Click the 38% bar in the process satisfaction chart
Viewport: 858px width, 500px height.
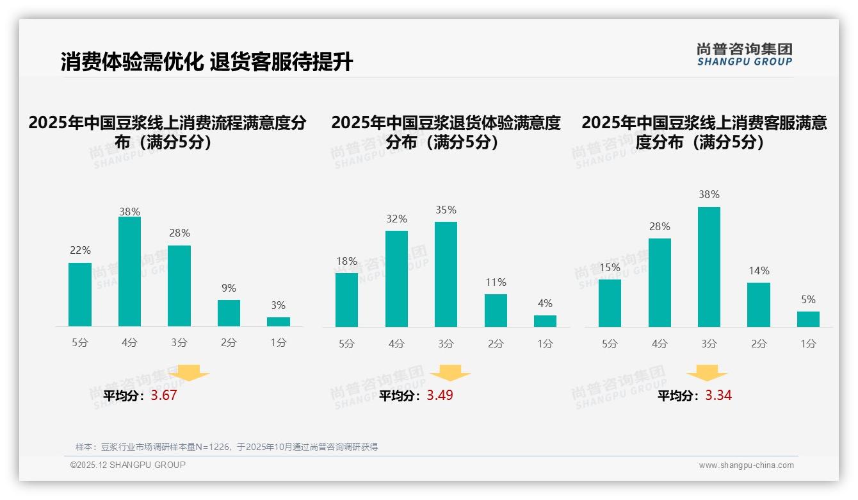click(x=129, y=272)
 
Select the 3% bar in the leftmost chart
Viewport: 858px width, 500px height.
click(x=279, y=322)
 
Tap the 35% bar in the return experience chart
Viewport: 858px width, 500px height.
click(x=446, y=274)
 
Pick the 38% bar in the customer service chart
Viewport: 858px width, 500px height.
click(x=709, y=267)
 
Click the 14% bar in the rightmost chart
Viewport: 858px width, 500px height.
click(x=759, y=304)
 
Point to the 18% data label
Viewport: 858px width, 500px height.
click(x=346, y=261)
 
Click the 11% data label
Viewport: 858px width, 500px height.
click(x=496, y=282)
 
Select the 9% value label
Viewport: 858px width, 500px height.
click(x=229, y=288)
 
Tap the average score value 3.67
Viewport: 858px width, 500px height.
click(x=164, y=396)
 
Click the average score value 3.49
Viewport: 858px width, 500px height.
click(x=440, y=396)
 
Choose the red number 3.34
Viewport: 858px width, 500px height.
click(x=718, y=396)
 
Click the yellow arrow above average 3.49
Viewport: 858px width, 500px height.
click(x=450, y=372)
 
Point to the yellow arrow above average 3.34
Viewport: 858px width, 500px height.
click(x=707, y=372)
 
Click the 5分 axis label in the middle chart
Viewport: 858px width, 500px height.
click(x=346, y=344)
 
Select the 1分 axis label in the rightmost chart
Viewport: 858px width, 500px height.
click(x=808, y=344)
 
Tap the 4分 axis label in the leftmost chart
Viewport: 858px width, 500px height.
click(x=129, y=343)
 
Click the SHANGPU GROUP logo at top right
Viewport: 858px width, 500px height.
click(x=744, y=54)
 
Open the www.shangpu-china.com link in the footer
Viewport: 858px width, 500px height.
click(x=746, y=465)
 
